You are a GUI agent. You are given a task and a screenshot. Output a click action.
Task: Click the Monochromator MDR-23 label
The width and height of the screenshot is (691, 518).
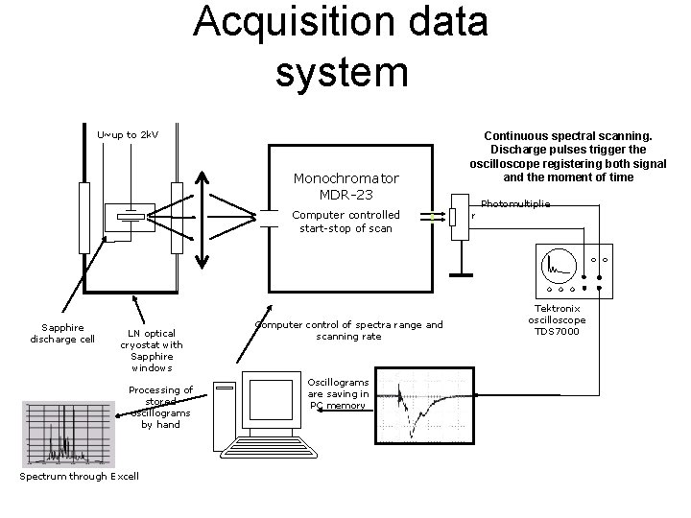point(346,188)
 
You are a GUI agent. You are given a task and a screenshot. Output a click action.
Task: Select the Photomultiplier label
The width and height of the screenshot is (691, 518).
point(515,204)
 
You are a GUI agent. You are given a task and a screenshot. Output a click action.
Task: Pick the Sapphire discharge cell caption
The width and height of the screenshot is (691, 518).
point(62,333)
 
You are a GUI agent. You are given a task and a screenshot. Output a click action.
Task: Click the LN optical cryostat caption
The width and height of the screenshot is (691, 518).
point(152,350)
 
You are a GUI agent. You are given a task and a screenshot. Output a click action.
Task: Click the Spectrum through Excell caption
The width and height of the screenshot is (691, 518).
point(79,476)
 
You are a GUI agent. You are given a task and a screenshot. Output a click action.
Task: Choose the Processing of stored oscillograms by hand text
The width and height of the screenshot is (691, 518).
point(161,407)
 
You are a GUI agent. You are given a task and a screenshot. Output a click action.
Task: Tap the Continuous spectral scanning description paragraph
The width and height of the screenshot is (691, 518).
point(568,157)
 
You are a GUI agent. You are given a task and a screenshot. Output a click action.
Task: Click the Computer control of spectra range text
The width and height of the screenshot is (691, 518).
point(348,330)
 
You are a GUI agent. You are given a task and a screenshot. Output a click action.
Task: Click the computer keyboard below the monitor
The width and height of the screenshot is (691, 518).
point(277,449)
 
